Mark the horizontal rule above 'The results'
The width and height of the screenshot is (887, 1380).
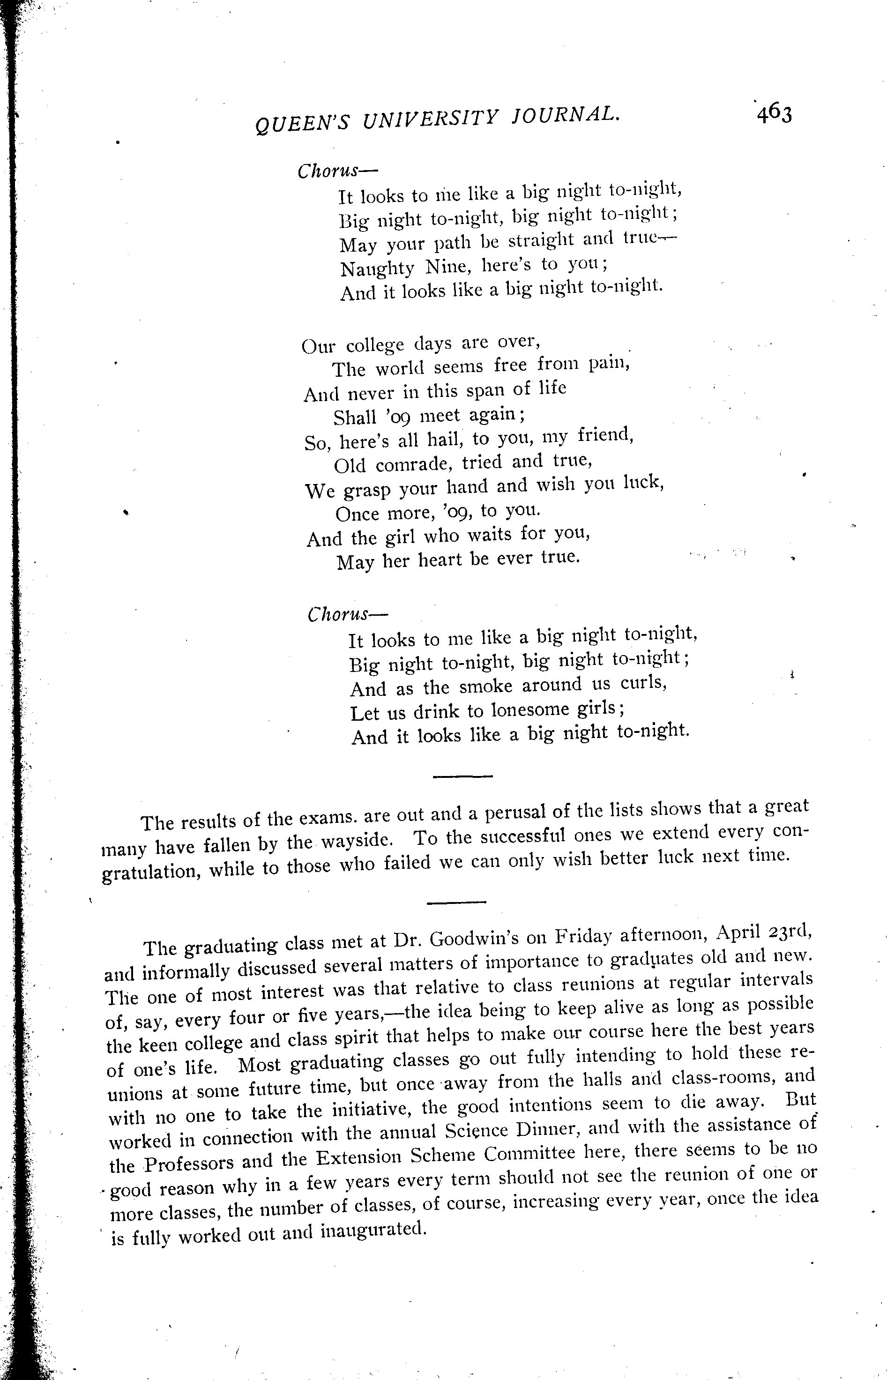click(462, 777)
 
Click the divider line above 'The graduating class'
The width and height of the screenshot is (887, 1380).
click(457, 902)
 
